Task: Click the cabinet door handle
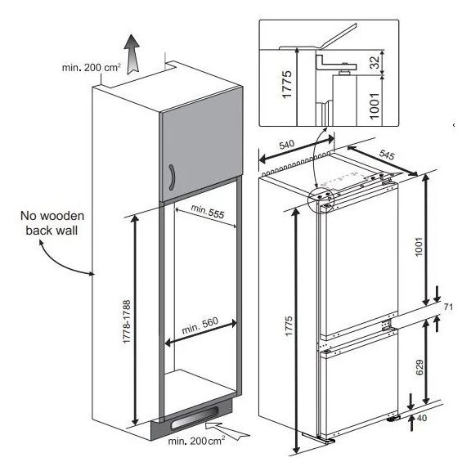point(172,177)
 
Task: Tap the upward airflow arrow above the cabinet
point(132,54)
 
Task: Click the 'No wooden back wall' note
point(52,223)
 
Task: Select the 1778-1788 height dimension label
point(127,321)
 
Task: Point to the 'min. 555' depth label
point(208,211)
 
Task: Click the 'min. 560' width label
point(200,325)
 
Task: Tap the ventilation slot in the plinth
point(194,418)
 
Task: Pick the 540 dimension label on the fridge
point(287,145)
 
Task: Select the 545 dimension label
point(387,155)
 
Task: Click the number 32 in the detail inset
point(375,62)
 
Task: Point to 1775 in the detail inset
point(287,84)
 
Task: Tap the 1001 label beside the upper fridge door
point(419,247)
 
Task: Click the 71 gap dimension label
point(448,307)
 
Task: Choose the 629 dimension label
point(419,367)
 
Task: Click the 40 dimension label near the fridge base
point(422,418)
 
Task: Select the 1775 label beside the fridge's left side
point(289,326)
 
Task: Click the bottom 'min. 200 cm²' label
point(196,441)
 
